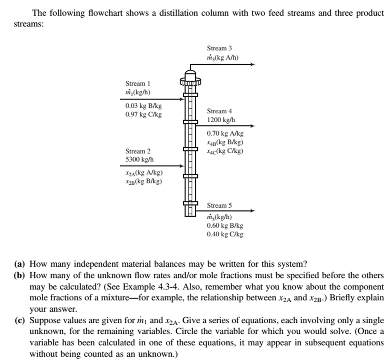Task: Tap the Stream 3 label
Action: (x=219, y=49)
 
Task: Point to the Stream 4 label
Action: (x=219, y=111)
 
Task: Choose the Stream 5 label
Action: (x=219, y=206)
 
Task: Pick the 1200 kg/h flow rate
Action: (x=221, y=120)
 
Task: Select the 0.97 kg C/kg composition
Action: (x=143, y=114)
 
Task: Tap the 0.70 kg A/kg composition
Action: (x=225, y=134)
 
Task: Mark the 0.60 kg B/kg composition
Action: (x=225, y=226)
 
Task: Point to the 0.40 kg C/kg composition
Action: (x=225, y=234)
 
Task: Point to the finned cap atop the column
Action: (x=190, y=79)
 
